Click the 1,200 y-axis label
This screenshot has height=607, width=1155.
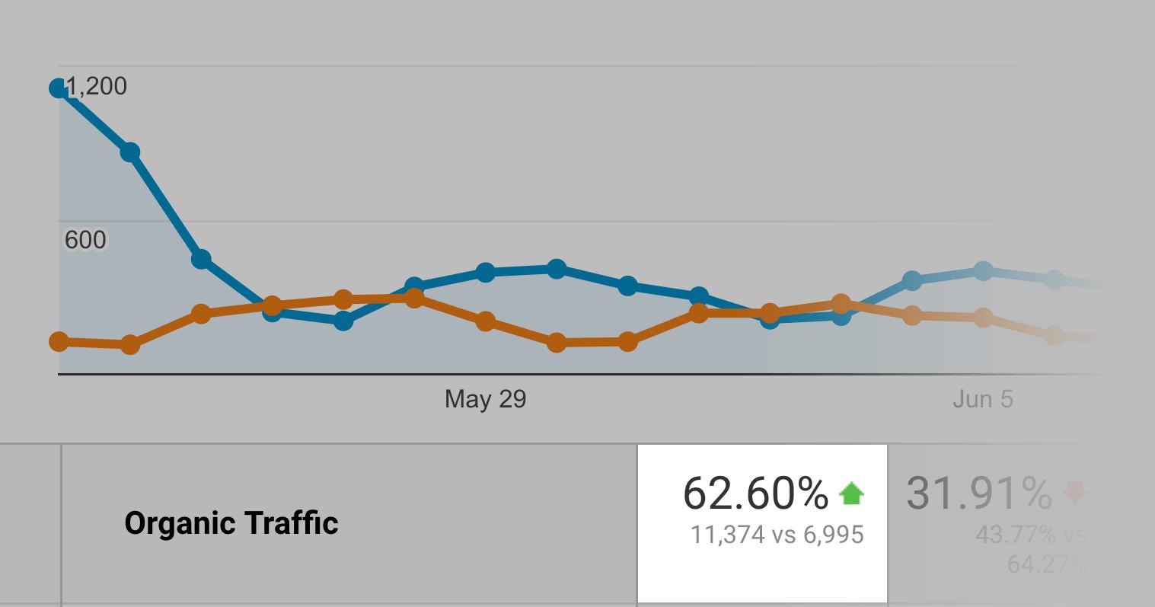97,86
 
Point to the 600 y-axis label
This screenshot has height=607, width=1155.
85,240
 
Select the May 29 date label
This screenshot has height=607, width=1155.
485,399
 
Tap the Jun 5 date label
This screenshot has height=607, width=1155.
983,399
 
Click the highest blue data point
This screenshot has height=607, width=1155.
59,88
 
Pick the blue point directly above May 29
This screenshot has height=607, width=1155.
485,272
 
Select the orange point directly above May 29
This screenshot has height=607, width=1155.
485,321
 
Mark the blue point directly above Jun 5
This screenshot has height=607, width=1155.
983,270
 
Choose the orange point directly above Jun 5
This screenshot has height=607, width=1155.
983,318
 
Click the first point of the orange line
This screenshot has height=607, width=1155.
59,341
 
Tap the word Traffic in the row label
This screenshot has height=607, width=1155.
292,523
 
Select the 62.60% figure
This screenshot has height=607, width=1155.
755,493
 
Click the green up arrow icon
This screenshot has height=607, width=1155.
851,494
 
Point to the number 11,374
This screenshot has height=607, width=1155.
727,535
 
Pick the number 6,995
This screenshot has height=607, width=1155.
834,535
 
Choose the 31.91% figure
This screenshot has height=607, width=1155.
979,493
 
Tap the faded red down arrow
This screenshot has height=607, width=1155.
1074,492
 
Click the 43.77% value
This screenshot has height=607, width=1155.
1016,535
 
